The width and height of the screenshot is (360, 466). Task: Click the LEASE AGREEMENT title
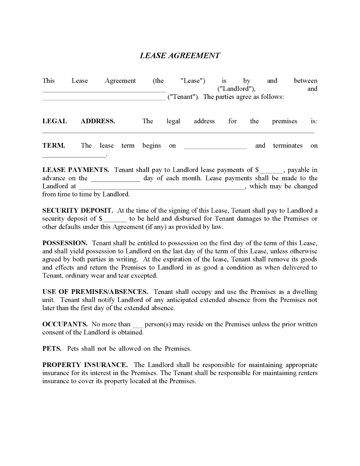[x=180, y=55]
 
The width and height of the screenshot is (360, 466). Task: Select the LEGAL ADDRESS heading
[x=78, y=121]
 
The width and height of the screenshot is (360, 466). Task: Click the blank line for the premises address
[x=178, y=132]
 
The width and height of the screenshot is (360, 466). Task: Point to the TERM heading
[x=53, y=145]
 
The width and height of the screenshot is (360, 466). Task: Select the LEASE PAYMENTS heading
[x=75, y=170]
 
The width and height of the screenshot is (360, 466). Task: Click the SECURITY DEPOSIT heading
[x=77, y=210]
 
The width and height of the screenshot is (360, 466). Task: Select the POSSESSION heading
[x=65, y=243]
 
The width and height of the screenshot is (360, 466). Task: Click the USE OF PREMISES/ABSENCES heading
[x=95, y=292]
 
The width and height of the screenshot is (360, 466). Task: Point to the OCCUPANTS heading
[x=65, y=324]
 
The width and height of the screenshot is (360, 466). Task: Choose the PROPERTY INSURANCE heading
[x=84, y=364]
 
